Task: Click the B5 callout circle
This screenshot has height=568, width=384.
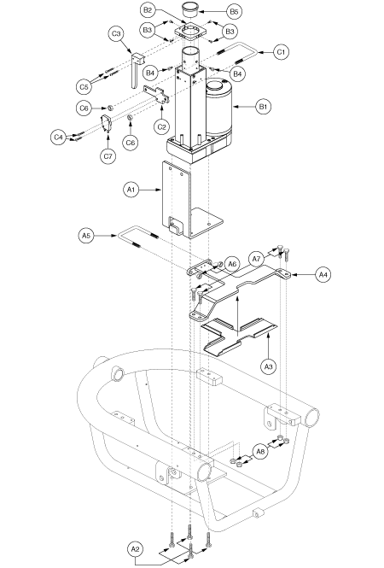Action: (x=234, y=12)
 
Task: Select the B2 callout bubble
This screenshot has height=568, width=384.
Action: (x=148, y=10)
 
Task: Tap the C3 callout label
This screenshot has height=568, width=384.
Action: (x=116, y=34)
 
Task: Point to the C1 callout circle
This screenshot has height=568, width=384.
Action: (x=281, y=52)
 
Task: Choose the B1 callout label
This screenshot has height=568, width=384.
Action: (x=263, y=107)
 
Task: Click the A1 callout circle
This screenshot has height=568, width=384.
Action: (x=131, y=190)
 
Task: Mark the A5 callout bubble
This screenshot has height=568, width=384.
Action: (x=86, y=236)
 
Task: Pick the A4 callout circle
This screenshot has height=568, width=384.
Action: (x=323, y=275)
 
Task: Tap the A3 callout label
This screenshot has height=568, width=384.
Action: (x=268, y=366)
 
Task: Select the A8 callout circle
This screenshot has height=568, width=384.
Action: (x=260, y=452)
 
